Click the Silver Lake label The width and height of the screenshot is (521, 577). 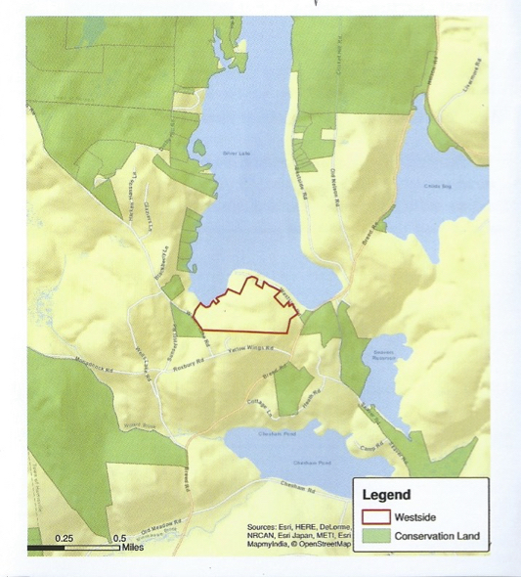click(237, 154)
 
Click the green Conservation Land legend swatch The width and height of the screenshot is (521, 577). click(376, 535)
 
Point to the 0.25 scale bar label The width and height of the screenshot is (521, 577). click(64, 538)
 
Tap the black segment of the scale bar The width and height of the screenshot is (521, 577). click(47, 547)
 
